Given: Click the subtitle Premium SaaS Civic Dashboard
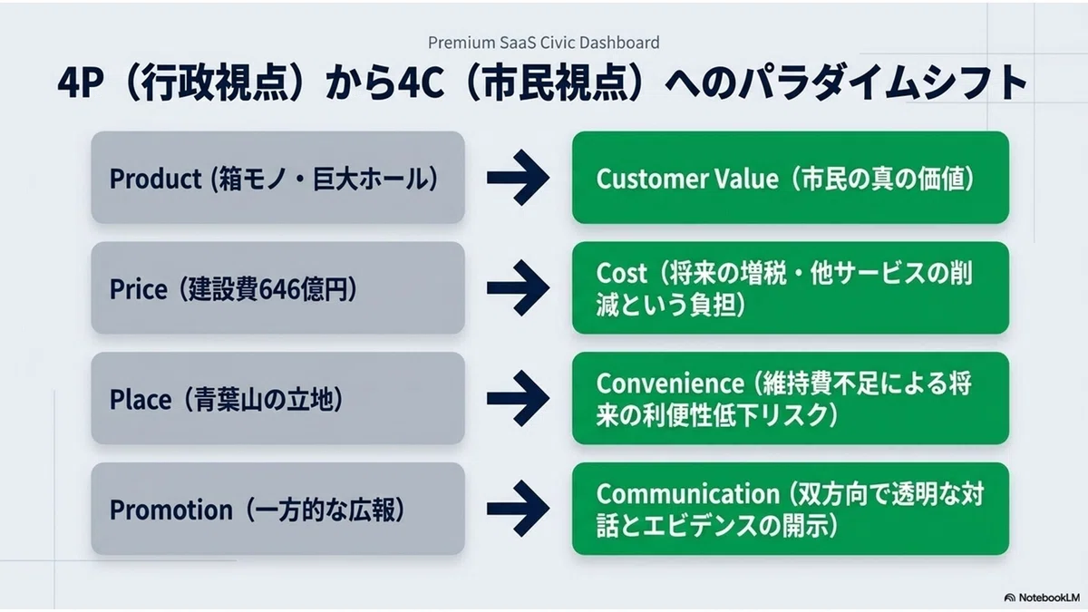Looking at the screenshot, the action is pyautogui.click(x=543, y=43).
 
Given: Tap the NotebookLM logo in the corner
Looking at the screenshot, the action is pyautogui.click(x=1042, y=597).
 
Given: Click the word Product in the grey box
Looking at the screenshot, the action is pyautogui.click(x=155, y=179).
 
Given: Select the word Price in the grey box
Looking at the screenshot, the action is pyautogui.click(x=139, y=289).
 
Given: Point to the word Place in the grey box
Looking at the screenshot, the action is pyautogui.click(x=141, y=400).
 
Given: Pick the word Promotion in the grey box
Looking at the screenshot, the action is pyautogui.click(x=171, y=510).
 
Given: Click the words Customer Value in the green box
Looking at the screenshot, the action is pyautogui.click(x=687, y=179).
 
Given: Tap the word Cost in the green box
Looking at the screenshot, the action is pyautogui.click(x=622, y=273).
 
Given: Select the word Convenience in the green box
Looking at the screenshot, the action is pyautogui.click(x=670, y=384).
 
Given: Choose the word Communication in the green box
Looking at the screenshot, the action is pyautogui.click(x=688, y=494).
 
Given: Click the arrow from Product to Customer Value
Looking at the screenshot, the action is pyautogui.click(x=519, y=178).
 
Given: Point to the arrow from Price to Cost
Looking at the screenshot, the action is pyautogui.click(x=519, y=288).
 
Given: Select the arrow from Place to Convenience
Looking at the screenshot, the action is pyautogui.click(x=519, y=398).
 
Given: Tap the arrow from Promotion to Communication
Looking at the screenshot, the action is pyautogui.click(x=519, y=509).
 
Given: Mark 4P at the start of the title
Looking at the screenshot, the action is pyautogui.click(x=81, y=83).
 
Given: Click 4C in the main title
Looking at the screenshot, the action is pyautogui.click(x=421, y=83).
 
